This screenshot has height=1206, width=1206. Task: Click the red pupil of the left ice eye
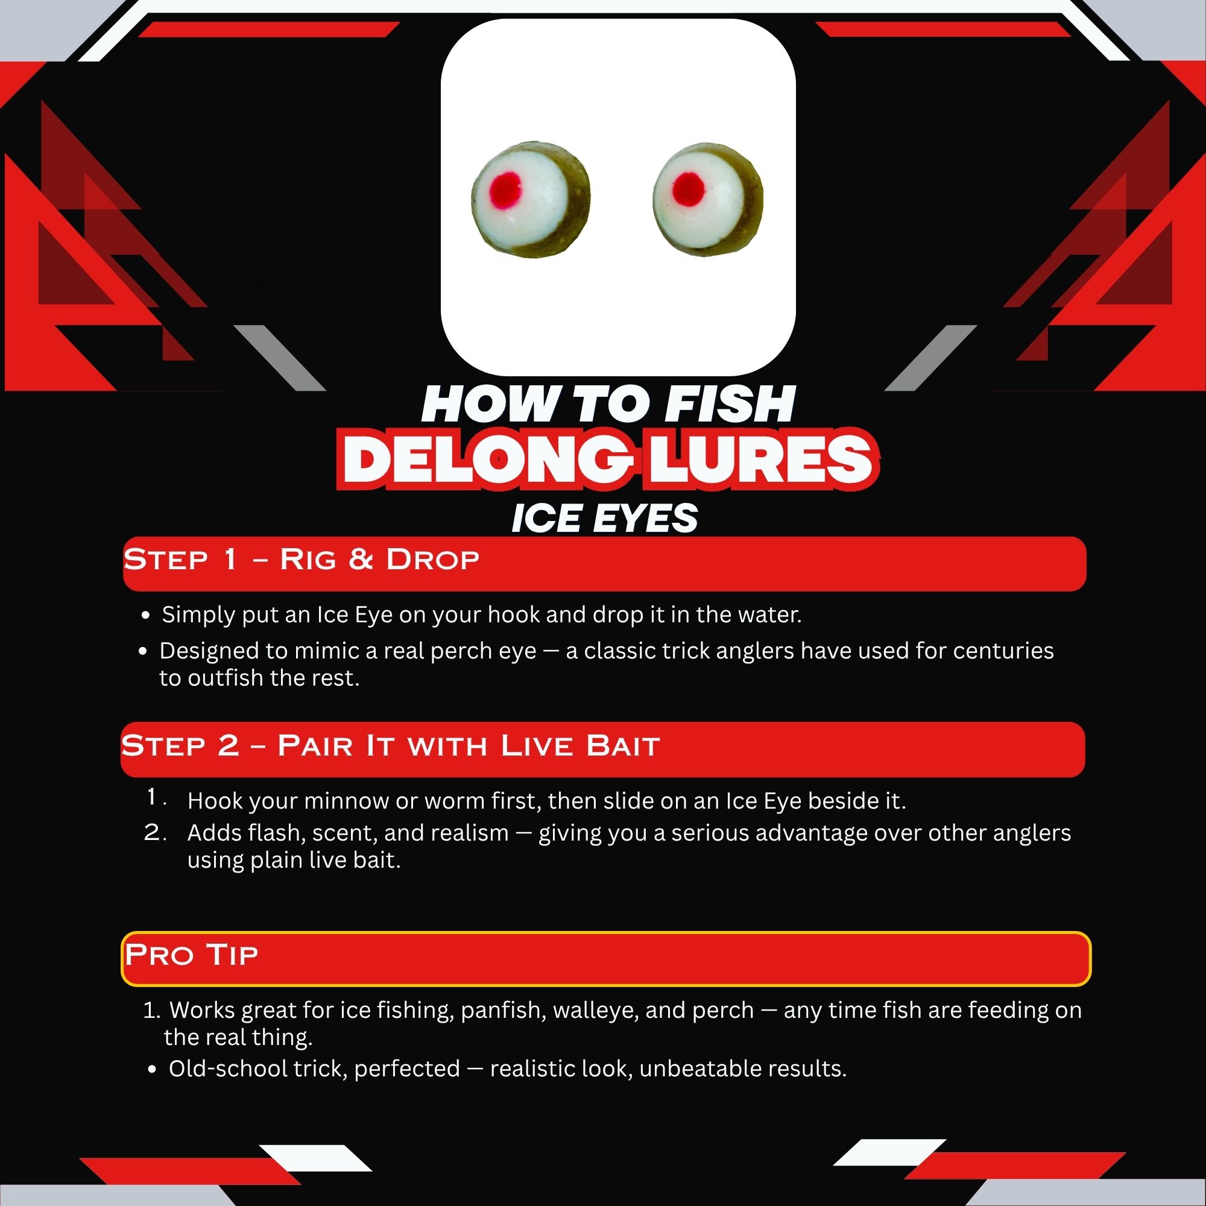coord(505,191)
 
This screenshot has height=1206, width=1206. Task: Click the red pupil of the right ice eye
coord(689,189)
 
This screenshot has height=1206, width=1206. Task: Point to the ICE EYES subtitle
coord(604,518)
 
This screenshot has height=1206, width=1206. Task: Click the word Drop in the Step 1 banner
coord(432,559)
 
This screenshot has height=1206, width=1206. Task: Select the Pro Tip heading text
coord(191,955)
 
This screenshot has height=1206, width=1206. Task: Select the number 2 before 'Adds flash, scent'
coord(152,832)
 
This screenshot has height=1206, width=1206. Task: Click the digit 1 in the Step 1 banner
coord(230,559)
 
